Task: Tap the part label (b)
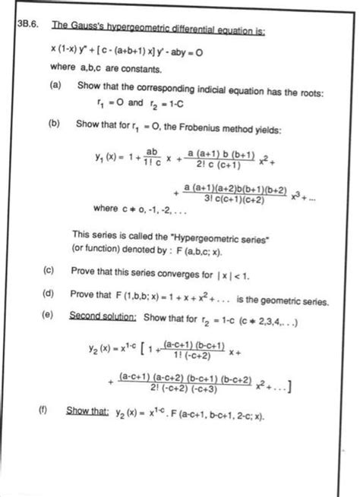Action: click(x=55, y=131)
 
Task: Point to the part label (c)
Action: click(x=49, y=270)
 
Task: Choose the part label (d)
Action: click(x=49, y=293)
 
